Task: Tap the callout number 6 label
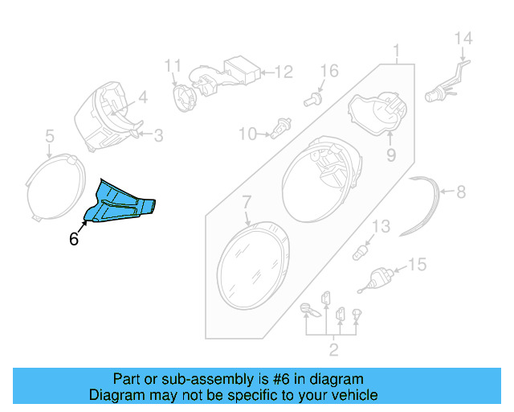click(x=74, y=239)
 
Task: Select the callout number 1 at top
click(x=396, y=53)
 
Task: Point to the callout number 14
click(x=464, y=38)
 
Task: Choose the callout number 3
click(x=157, y=136)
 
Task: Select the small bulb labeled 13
click(x=362, y=253)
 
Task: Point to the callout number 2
click(x=333, y=349)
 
